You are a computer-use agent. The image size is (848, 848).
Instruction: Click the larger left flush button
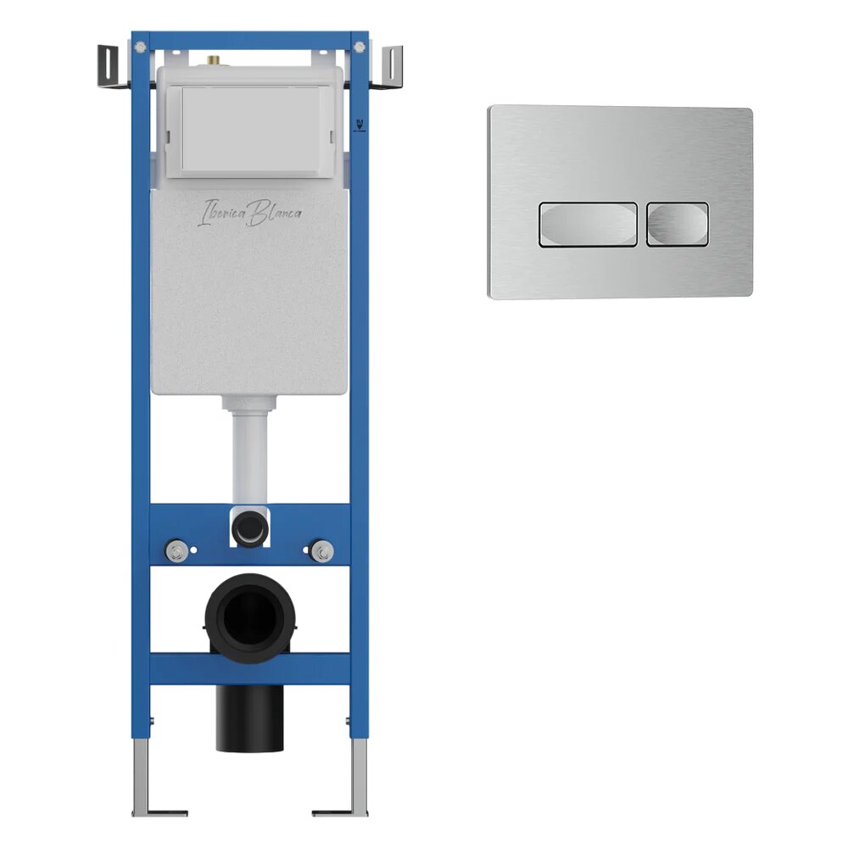[588, 225]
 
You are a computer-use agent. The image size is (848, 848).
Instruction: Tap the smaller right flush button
[678, 225]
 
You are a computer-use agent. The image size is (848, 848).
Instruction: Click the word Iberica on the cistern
[222, 213]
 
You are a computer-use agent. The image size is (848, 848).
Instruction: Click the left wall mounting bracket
[112, 66]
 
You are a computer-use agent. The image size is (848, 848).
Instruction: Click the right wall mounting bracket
[388, 66]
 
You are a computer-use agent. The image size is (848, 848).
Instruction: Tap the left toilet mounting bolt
[176, 550]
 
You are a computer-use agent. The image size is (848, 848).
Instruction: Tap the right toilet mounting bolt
[323, 550]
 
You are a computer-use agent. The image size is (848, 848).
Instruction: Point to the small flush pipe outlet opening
[249, 527]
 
